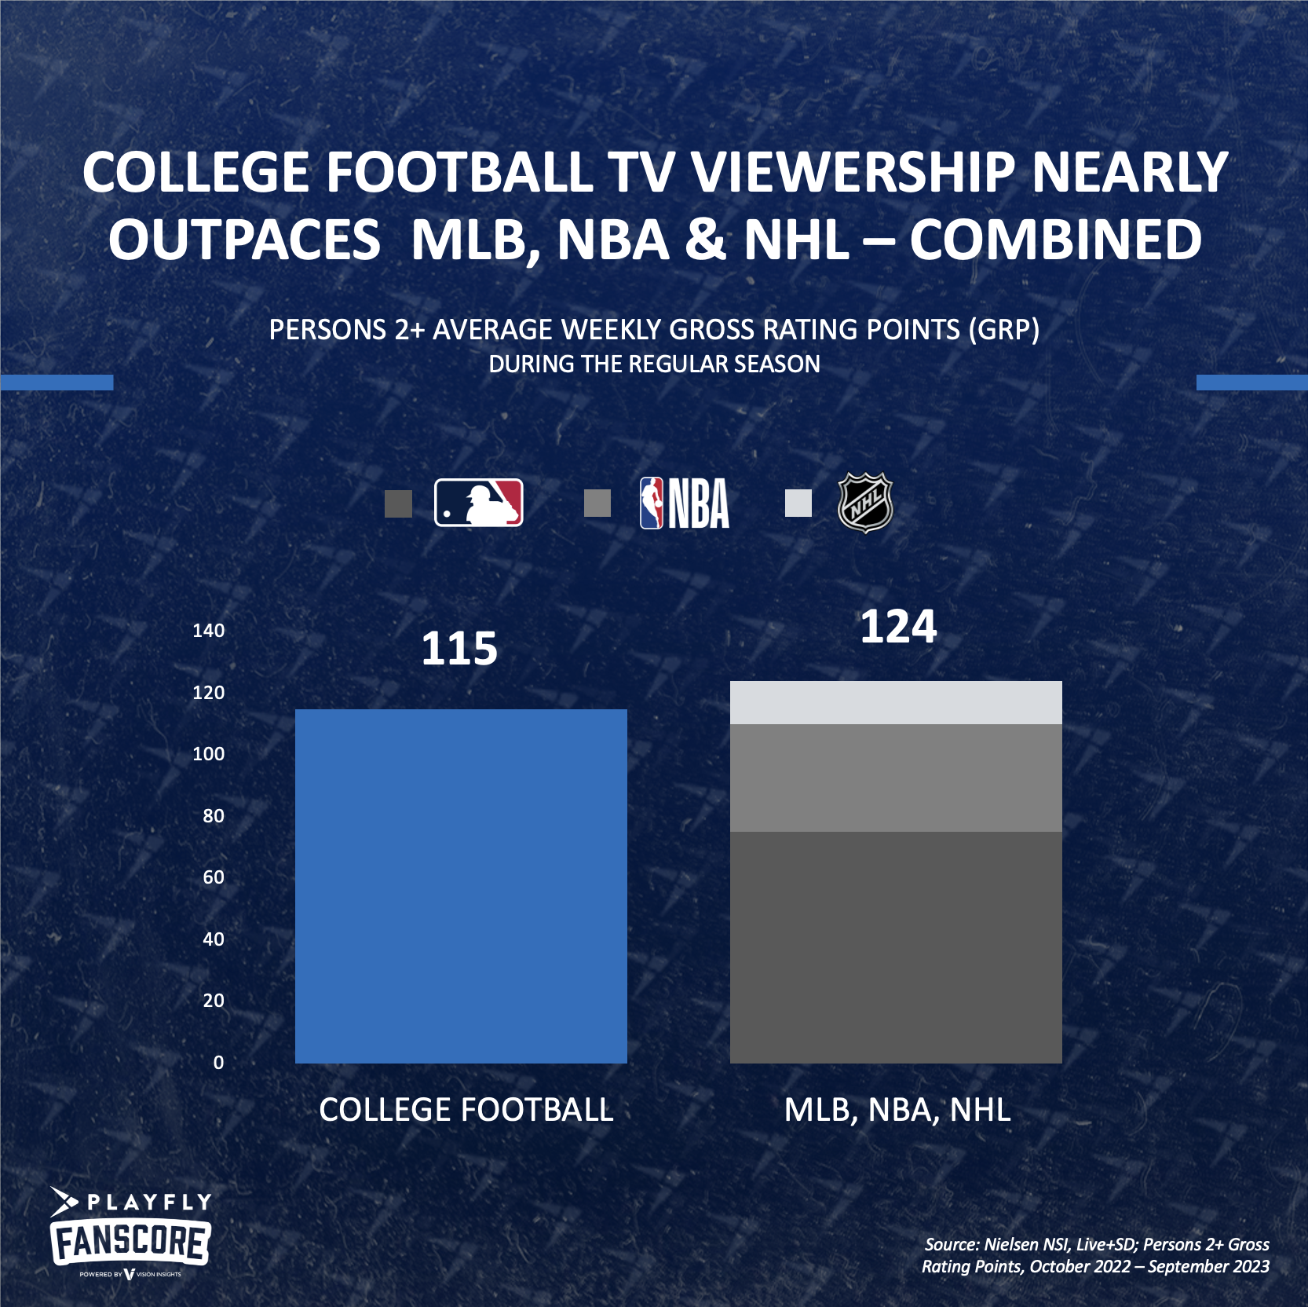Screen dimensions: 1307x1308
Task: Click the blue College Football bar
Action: tap(461, 886)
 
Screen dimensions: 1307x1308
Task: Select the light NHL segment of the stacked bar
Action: tap(896, 702)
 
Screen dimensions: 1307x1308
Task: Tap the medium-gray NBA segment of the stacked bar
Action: tap(896, 778)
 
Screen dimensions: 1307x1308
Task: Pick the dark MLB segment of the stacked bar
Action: tap(896, 946)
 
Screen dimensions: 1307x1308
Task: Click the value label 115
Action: tap(459, 649)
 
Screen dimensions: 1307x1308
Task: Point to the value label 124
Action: tap(898, 627)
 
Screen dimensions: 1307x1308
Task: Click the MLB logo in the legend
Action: tap(478, 503)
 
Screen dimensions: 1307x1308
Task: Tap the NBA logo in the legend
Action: tap(684, 503)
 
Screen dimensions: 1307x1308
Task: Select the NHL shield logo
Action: tap(865, 503)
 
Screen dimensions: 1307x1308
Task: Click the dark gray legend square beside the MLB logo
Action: tap(398, 503)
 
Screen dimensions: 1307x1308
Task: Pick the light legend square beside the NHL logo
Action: tap(798, 503)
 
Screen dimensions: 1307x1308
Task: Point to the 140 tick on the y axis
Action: tap(208, 631)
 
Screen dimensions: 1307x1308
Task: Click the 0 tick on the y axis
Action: tap(218, 1063)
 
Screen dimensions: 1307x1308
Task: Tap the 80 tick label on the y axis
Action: tap(213, 816)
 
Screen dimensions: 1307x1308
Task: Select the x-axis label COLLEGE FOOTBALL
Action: tap(466, 1110)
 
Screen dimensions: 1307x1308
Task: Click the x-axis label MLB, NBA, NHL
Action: tap(897, 1110)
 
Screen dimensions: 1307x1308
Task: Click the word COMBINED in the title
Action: tap(1055, 240)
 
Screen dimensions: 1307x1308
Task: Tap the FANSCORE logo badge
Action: tap(130, 1242)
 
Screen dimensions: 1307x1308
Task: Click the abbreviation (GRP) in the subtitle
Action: tap(1003, 330)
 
